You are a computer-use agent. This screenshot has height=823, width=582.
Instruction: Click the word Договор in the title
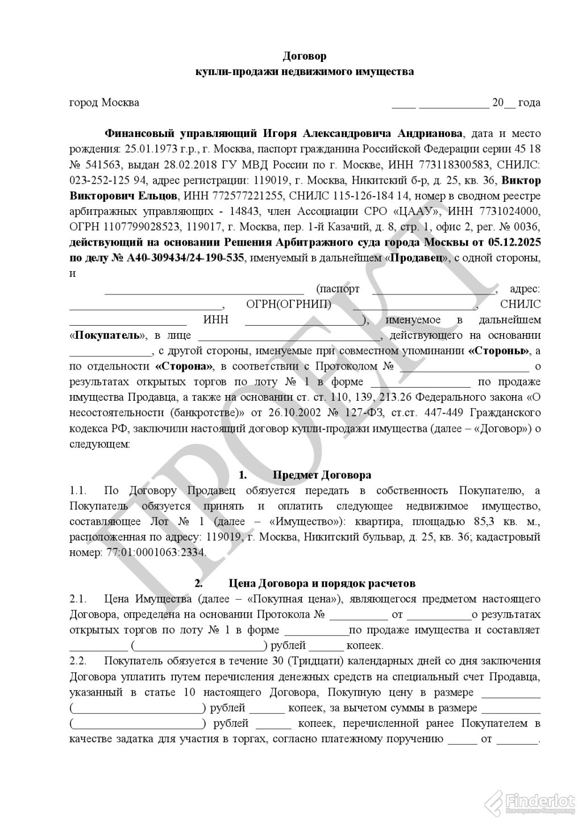pyautogui.click(x=305, y=56)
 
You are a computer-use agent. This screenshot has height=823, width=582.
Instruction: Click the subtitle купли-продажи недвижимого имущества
pyautogui.click(x=305, y=72)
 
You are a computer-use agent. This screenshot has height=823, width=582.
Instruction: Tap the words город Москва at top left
pyautogui.click(x=104, y=103)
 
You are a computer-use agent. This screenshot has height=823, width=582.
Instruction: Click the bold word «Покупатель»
pyautogui.click(x=107, y=335)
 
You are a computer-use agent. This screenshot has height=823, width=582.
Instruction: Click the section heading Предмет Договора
pyautogui.click(x=322, y=475)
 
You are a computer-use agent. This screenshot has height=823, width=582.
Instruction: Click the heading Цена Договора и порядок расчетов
pyautogui.click(x=322, y=583)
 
